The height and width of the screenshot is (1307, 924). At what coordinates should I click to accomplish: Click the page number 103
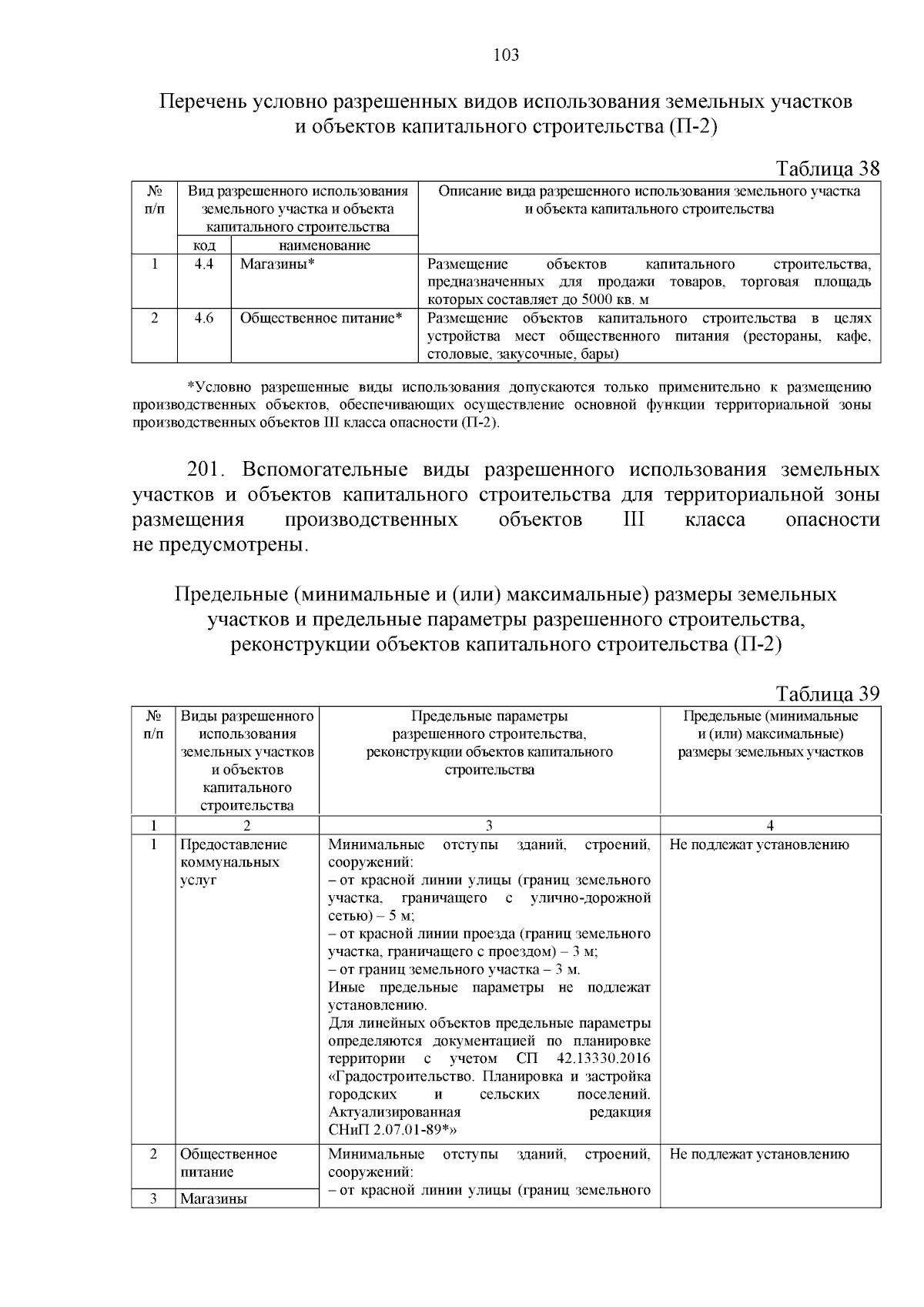[x=505, y=55]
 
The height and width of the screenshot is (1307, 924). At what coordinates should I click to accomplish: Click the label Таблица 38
[x=827, y=169]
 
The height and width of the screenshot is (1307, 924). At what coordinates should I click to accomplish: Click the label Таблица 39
[x=827, y=694]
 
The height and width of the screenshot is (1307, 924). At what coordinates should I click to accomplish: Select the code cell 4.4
[x=204, y=264]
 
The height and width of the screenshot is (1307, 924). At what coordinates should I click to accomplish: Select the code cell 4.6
[x=204, y=318]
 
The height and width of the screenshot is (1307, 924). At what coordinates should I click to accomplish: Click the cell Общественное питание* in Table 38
[x=322, y=318]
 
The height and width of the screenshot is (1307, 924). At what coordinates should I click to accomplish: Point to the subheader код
[x=204, y=246]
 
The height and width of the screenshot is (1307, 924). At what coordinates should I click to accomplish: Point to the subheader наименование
[x=324, y=246]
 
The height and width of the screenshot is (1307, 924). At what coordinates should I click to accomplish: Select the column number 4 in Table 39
[x=770, y=826]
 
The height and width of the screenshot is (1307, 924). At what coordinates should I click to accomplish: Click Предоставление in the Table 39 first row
[x=233, y=844]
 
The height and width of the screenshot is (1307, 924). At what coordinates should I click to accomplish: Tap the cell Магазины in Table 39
[x=213, y=1198]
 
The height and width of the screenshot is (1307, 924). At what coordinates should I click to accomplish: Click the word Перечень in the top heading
[x=203, y=102]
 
